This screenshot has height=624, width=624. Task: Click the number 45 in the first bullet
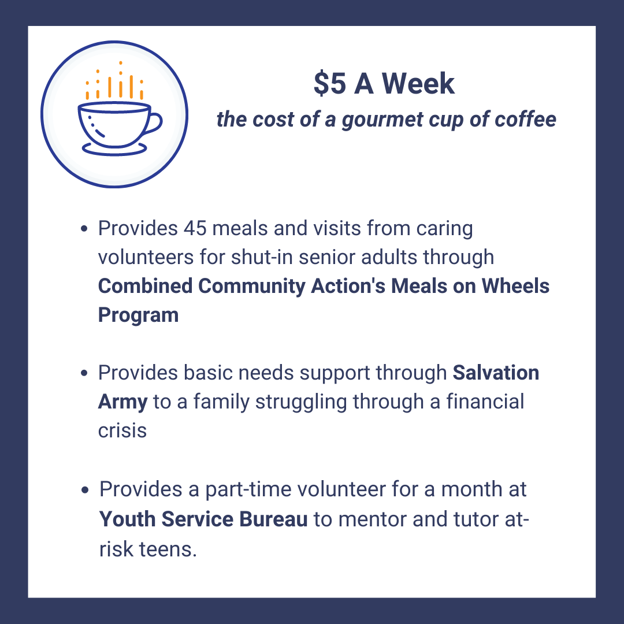[195, 228]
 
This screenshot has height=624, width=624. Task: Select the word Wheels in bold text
[515, 286]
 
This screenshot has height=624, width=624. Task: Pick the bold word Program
[138, 315]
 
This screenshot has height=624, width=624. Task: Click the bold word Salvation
[496, 373]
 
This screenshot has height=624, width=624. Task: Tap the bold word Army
[122, 402]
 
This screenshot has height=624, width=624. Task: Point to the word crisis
[122, 430]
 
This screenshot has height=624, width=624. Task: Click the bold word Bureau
[273, 519]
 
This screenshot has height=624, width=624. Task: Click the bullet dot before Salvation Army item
[84, 373]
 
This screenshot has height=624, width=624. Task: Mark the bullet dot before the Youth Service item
[85, 490]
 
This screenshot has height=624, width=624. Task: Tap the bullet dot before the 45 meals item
[84, 229]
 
